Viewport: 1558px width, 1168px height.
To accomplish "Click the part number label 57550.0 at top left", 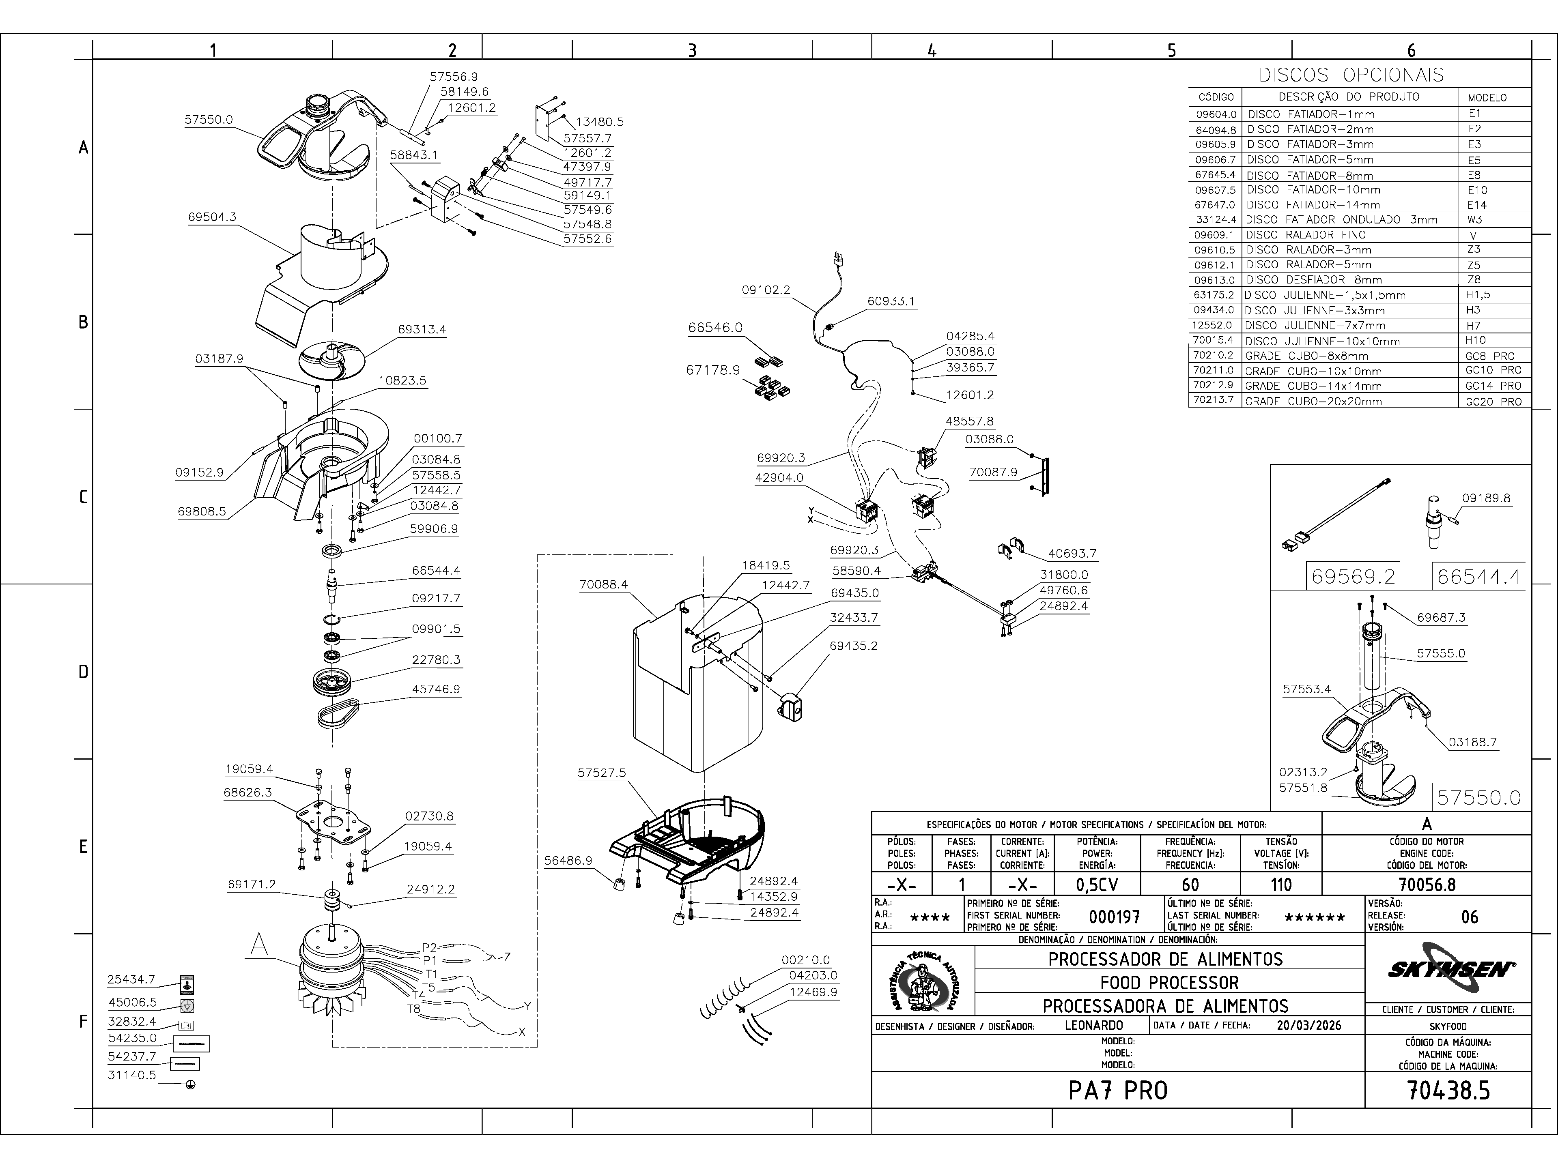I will (x=209, y=120).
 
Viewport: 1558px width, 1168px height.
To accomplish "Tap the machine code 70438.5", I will (x=1448, y=1091).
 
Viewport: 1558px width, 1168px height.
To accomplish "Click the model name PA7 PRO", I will (x=1118, y=1091).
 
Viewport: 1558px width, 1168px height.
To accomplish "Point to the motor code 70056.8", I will (x=1426, y=884).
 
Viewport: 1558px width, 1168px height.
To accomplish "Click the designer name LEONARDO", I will (x=1094, y=1025).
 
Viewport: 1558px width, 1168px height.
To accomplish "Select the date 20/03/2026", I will (x=1308, y=1025).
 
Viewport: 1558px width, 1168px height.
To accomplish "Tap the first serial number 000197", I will (x=1114, y=917).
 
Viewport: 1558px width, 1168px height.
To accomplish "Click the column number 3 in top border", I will (x=692, y=50).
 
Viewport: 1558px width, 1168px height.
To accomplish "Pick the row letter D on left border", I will (x=83, y=672).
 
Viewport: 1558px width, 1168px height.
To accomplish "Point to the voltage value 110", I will (x=1280, y=884).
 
